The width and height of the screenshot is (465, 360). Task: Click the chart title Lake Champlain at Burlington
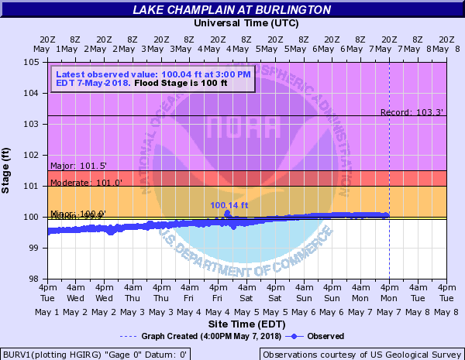[x=232, y=9]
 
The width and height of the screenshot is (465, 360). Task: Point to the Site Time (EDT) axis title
[x=246, y=323]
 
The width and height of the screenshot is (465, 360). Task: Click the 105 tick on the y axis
[x=35, y=62]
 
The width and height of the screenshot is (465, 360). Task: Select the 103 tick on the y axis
[x=35, y=124]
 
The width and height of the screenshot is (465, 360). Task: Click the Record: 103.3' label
[x=412, y=112]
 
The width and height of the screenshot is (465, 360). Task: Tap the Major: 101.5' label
[x=78, y=166]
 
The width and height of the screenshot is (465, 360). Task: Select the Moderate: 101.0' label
[x=86, y=183]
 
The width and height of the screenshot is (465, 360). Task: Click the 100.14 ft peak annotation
[x=229, y=205]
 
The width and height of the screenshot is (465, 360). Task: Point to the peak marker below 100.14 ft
[x=228, y=213]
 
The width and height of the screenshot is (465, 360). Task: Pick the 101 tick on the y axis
[x=35, y=186]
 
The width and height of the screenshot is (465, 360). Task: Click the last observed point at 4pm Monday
[x=387, y=214]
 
